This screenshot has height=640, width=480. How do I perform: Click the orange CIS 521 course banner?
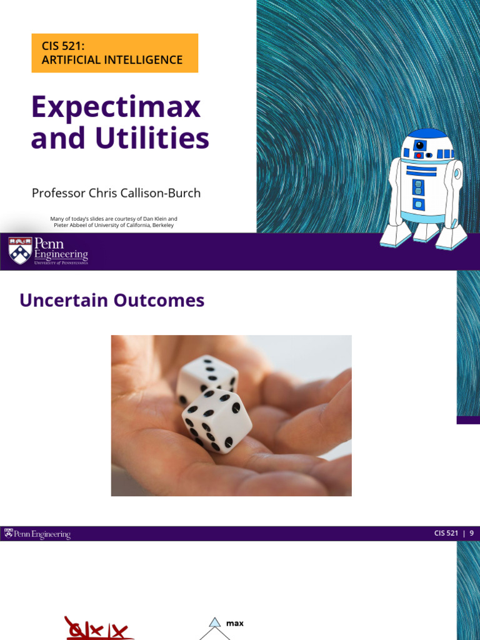pyautogui.click(x=114, y=53)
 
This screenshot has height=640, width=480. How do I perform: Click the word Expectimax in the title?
pyautogui.click(x=116, y=107)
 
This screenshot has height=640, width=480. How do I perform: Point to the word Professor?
pyautogui.click(x=57, y=193)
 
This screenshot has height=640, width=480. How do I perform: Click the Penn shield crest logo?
pyautogui.click(x=19, y=251)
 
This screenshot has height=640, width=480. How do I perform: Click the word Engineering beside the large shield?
pyautogui.click(x=61, y=256)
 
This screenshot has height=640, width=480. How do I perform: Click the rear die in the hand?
pyautogui.click(x=207, y=378)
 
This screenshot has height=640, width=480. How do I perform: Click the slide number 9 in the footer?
pyautogui.click(x=472, y=533)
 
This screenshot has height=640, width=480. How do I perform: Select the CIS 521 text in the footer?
pyautogui.click(x=446, y=533)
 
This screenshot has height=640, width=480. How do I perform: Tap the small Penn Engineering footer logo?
pyautogui.click(x=37, y=534)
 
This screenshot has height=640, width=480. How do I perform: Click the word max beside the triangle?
pyautogui.click(x=235, y=623)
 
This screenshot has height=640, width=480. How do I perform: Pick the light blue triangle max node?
pyautogui.click(x=214, y=622)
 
